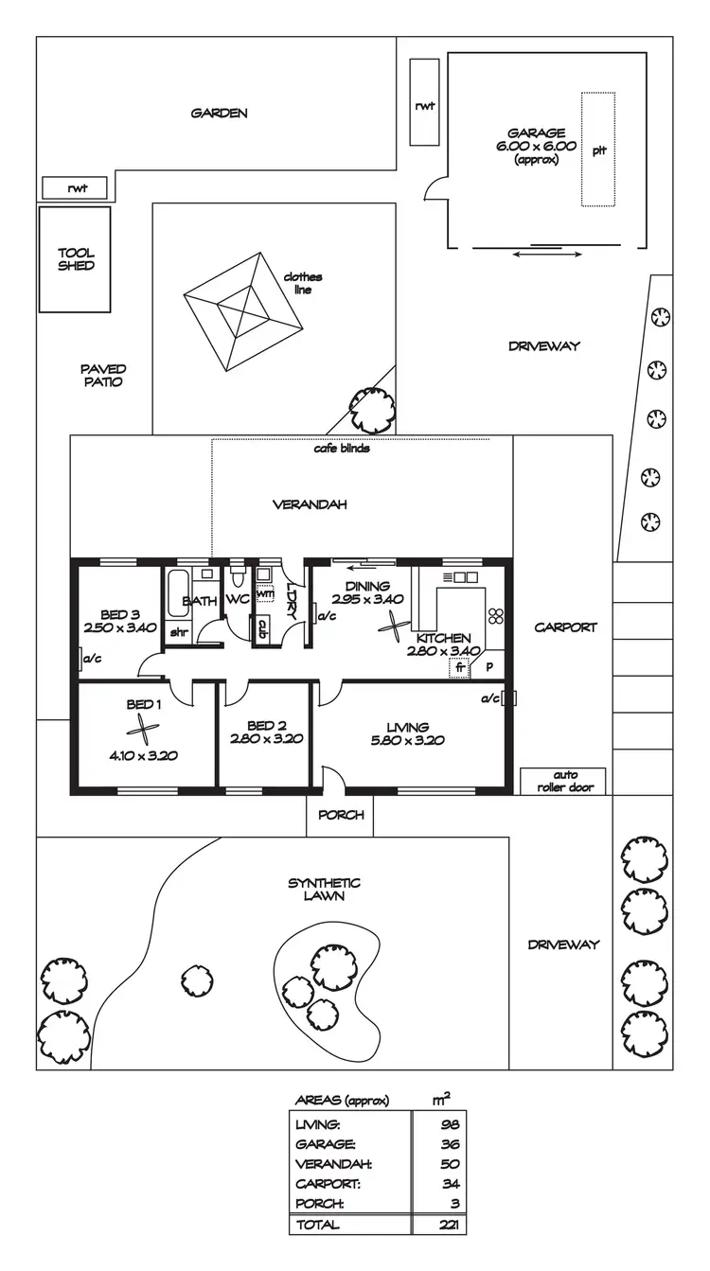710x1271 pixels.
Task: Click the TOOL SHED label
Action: [76, 259]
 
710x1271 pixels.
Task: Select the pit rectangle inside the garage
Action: [597, 150]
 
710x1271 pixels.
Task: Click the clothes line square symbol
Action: [244, 311]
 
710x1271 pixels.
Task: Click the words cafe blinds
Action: [342, 448]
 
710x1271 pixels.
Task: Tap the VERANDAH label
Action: [310, 504]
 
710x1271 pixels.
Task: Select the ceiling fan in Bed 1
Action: [143, 728]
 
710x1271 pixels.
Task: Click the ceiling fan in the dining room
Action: [394, 626]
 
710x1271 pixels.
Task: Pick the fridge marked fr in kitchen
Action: [461, 666]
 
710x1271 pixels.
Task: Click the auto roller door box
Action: [562, 781]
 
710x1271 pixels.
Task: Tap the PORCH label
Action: [340, 815]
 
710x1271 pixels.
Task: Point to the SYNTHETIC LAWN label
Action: [324, 890]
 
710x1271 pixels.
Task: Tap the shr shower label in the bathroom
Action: [178, 632]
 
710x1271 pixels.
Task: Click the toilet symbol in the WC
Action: [238, 576]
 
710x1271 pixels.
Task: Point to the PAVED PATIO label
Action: [103, 375]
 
